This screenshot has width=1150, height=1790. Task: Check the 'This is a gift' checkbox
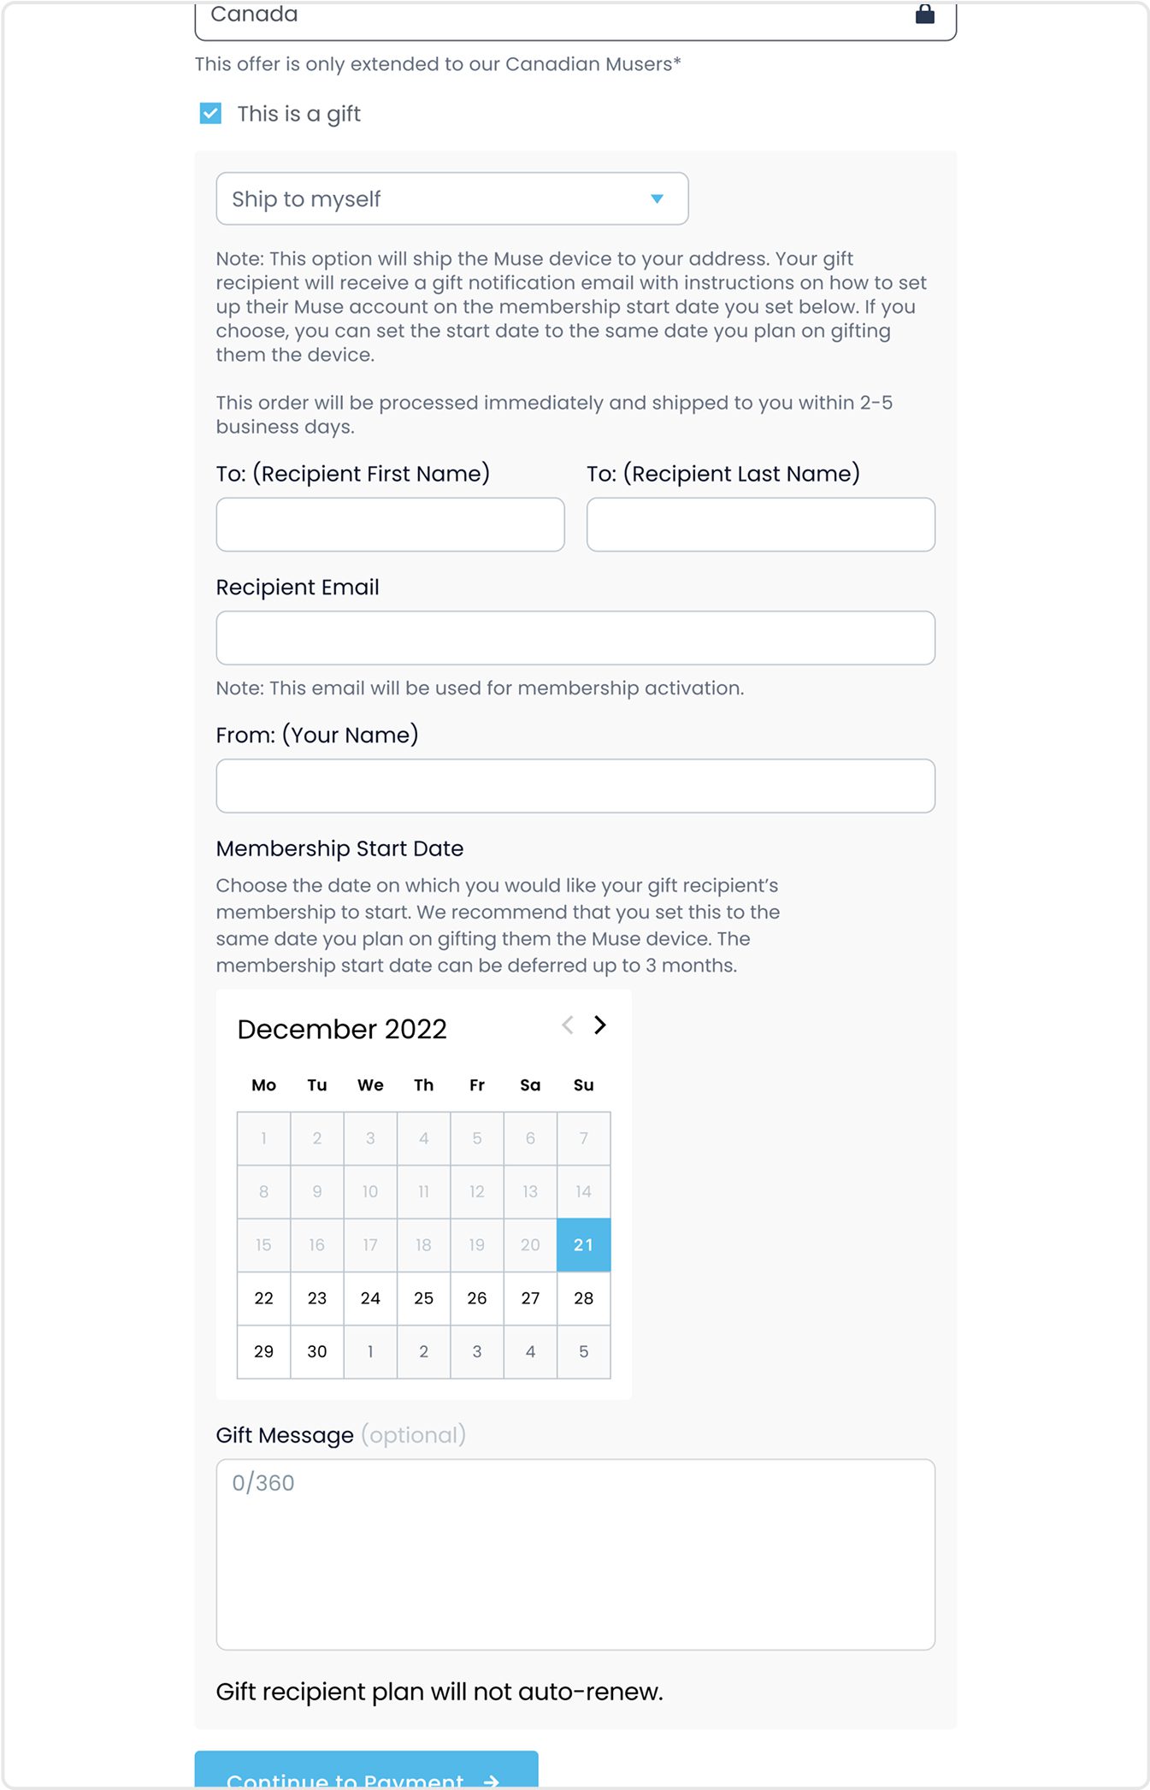(210, 114)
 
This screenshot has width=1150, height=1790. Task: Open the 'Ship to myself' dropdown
(451, 198)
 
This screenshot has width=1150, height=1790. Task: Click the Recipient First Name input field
(390, 524)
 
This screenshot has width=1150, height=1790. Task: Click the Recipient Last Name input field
(760, 524)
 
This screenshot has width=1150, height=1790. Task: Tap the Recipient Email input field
(575, 638)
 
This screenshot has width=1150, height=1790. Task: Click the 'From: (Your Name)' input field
(575, 786)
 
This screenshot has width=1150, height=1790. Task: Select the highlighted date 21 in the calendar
(583, 1245)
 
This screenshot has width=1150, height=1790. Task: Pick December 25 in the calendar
(423, 1298)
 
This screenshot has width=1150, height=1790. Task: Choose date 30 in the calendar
(317, 1351)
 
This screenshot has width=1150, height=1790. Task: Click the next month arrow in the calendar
(600, 1025)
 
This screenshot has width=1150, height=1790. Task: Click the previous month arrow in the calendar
(567, 1025)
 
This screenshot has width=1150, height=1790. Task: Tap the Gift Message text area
(575, 1554)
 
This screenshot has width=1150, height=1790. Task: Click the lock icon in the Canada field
(924, 14)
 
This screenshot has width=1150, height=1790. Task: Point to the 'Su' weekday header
(583, 1085)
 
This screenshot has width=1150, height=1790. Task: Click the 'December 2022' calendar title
(342, 1029)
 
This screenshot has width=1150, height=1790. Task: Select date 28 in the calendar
(583, 1298)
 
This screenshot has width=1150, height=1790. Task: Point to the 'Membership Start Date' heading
(339, 848)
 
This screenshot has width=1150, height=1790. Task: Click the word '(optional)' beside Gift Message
(413, 1435)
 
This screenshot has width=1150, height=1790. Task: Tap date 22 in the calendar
(264, 1298)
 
